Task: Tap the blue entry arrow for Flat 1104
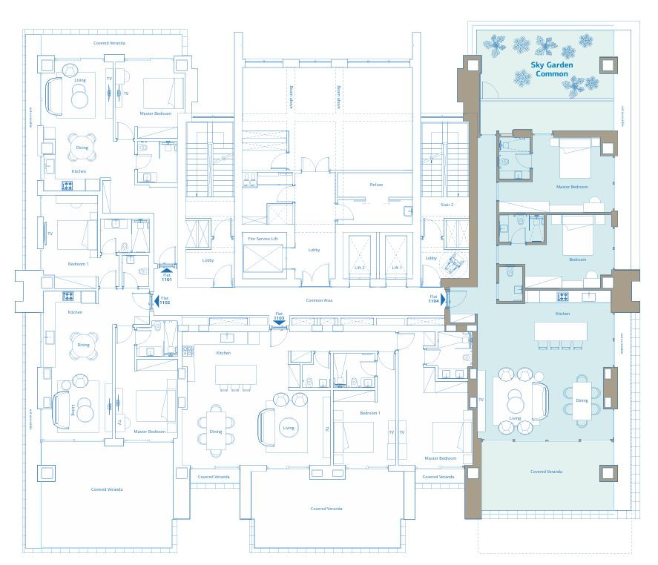point(443,300)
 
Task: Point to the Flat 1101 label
point(166,275)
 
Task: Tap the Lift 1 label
point(398,268)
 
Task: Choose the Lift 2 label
point(359,268)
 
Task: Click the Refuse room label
point(376,185)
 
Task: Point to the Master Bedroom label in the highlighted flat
point(572,187)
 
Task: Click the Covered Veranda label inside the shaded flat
point(546,472)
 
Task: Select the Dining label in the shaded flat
point(582,400)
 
